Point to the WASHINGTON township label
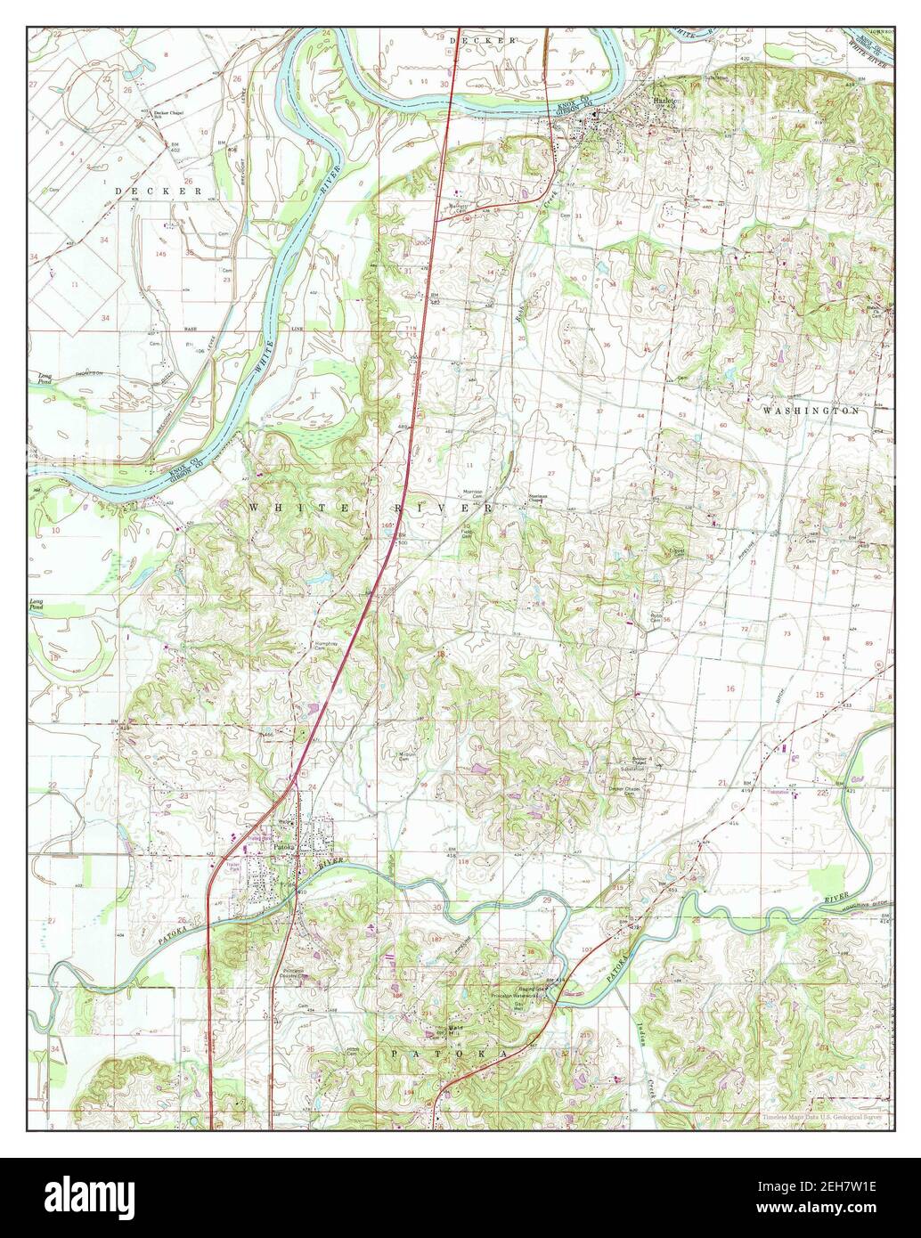tap(811, 411)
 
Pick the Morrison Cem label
tap(471, 493)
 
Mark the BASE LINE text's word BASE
tap(190, 329)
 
